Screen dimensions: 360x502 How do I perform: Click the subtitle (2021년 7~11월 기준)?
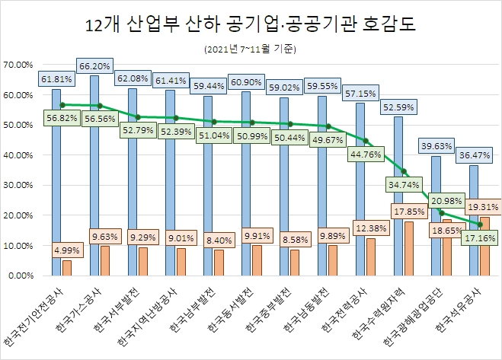(x=251, y=49)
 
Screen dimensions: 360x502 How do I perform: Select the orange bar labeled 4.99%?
(x=67, y=268)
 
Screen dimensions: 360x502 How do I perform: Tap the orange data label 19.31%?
(x=482, y=206)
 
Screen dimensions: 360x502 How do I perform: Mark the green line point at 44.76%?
(x=366, y=141)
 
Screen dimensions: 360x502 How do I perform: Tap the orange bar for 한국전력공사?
(x=370, y=257)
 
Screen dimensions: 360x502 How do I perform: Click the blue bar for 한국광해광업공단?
(x=436, y=215)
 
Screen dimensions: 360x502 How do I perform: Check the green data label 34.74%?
(x=402, y=183)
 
